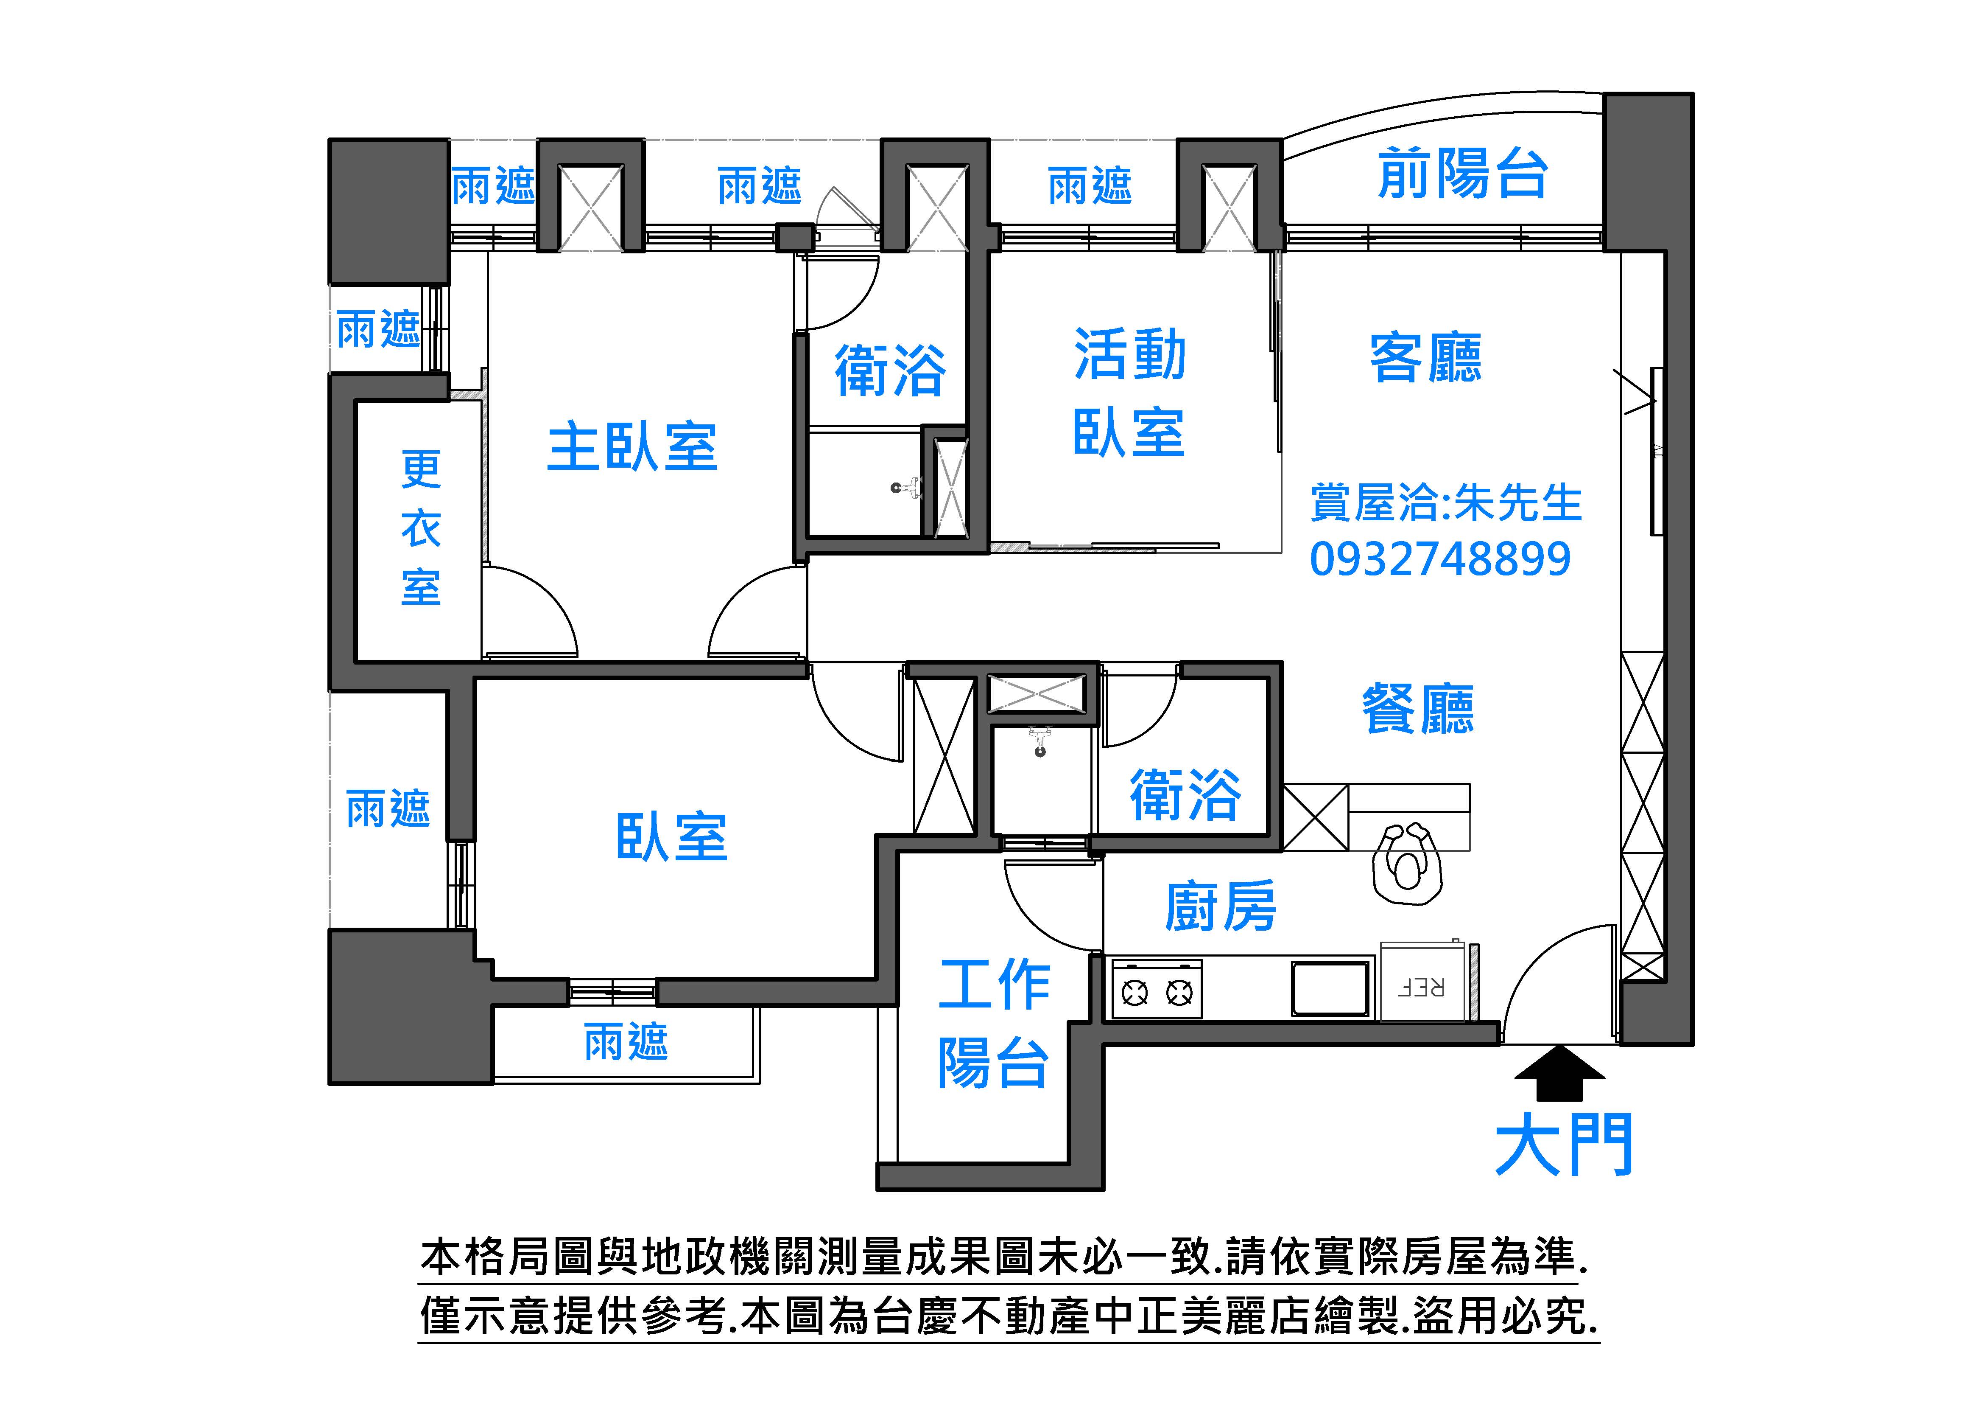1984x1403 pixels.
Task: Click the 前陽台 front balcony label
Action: pyautogui.click(x=1462, y=173)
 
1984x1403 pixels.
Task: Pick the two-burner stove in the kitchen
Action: pyautogui.click(x=1156, y=988)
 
